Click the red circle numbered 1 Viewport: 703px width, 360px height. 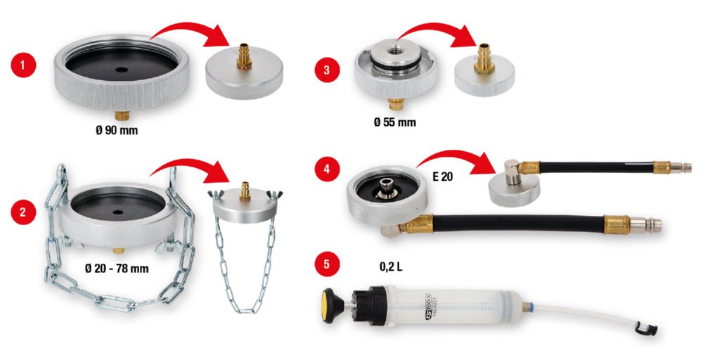click(23, 67)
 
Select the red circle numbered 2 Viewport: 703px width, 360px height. click(23, 212)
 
